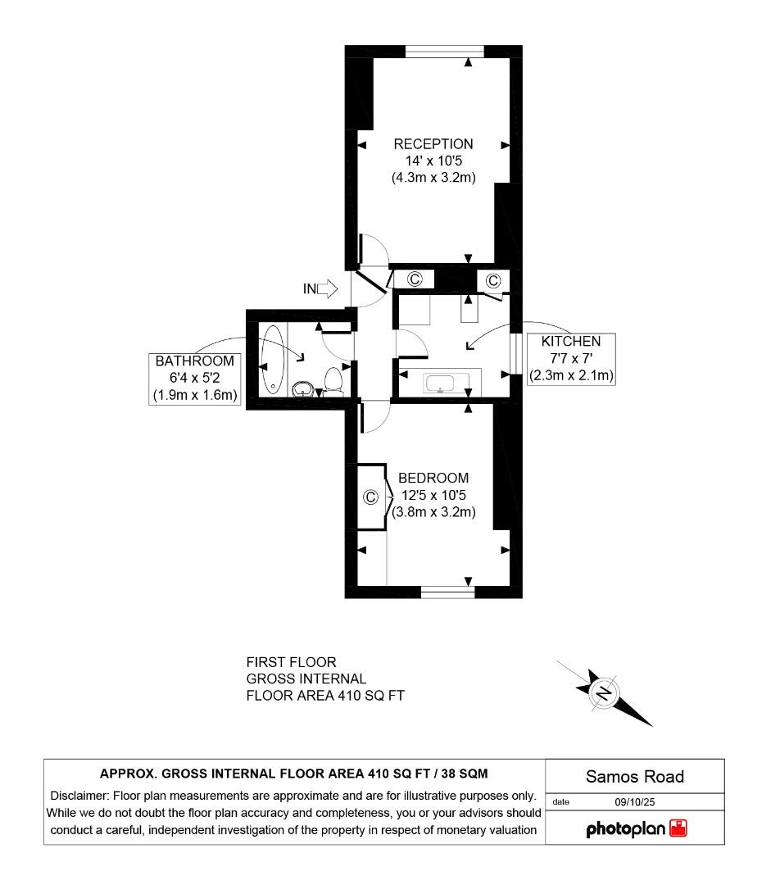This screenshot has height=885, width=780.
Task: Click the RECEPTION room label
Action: click(433, 144)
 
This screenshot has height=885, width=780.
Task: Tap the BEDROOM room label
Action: click(433, 478)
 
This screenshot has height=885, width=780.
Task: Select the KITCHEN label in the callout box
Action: click(570, 341)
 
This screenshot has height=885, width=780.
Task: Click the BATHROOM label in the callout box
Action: click(195, 361)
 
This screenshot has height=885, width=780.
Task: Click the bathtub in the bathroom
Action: click(273, 360)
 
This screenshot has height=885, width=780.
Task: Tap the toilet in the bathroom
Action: click(333, 380)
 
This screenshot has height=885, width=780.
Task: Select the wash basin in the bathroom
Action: click(303, 388)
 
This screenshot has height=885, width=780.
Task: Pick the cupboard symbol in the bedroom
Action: click(370, 497)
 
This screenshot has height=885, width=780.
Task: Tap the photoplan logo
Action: click(636, 828)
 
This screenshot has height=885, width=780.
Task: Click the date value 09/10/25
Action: click(635, 802)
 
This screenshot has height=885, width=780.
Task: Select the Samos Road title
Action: click(635, 777)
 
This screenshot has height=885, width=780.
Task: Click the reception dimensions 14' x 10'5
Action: click(433, 161)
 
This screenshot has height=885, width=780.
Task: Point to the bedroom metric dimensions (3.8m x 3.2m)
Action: click(433, 512)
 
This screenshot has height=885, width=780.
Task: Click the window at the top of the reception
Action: click(445, 52)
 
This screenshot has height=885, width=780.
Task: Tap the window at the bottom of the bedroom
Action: click(448, 592)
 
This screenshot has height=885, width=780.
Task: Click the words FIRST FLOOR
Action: click(291, 662)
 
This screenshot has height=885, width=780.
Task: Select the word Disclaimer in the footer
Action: click(79, 796)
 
